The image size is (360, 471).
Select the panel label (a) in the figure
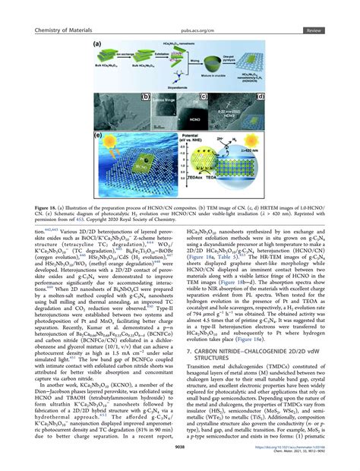coord(99,45)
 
